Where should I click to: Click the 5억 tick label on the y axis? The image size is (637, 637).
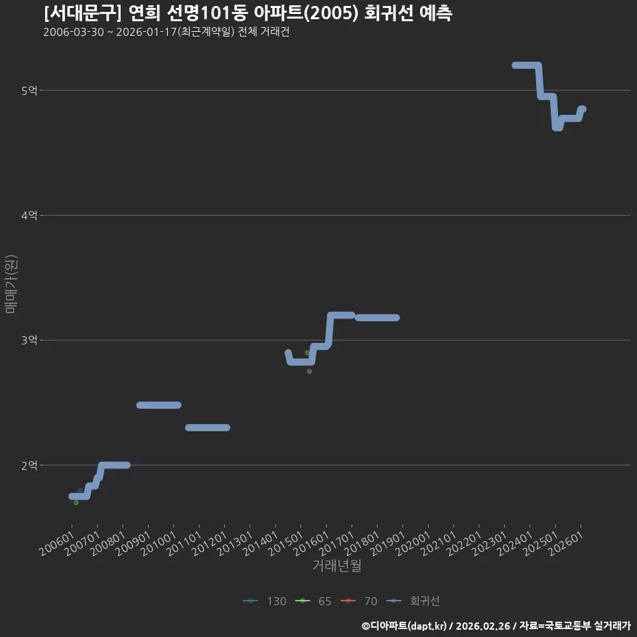(29, 91)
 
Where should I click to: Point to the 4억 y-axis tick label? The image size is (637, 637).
(29, 215)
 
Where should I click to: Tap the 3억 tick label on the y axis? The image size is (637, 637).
(29, 340)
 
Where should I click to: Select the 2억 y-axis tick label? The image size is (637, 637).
(29, 465)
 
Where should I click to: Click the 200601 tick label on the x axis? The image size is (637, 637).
(57, 543)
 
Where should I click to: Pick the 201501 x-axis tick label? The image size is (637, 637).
(286, 543)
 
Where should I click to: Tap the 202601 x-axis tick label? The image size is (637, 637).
(566, 543)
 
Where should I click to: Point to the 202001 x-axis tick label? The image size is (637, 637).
(413, 543)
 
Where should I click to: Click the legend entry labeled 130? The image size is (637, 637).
(265, 601)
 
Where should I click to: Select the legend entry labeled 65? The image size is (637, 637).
(313, 601)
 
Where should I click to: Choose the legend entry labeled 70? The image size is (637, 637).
(359, 601)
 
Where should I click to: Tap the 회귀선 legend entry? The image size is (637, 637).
(413, 601)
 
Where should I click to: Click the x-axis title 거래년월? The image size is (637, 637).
(337, 565)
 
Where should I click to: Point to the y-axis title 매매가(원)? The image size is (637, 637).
(11, 284)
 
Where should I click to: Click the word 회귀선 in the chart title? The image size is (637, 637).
(389, 13)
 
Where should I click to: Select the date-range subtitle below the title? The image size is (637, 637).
(167, 32)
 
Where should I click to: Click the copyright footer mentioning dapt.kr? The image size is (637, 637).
(496, 626)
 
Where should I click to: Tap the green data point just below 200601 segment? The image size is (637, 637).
(76, 503)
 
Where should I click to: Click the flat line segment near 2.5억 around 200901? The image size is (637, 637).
(159, 405)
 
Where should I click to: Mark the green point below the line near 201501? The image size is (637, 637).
(310, 372)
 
